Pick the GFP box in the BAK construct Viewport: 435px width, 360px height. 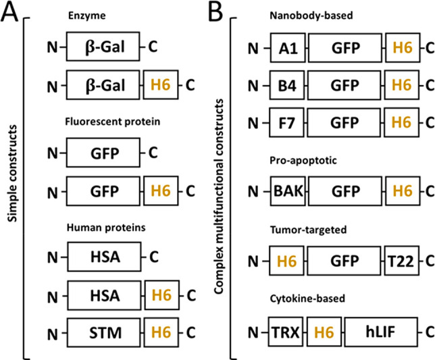click(345, 191)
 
